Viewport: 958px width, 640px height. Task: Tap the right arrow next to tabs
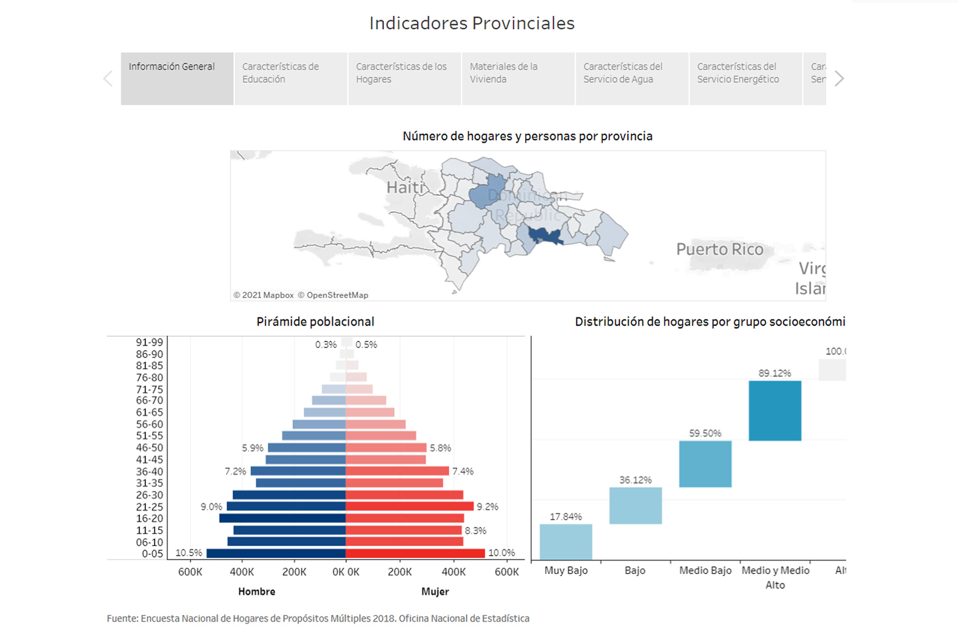(x=839, y=79)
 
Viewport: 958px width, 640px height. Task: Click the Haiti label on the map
(x=405, y=187)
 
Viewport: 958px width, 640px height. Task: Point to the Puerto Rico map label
(x=720, y=249)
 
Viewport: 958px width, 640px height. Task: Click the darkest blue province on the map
(x=543, y=235)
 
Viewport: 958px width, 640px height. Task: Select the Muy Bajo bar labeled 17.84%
(x=566, y=542)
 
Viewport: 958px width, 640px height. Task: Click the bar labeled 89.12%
(x=774, y=410)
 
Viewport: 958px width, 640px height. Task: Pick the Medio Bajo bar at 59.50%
(x=705, y=463)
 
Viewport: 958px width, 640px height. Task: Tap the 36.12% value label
(x=635, y=480)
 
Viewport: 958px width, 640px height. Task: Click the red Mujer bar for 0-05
(x=415, y=553)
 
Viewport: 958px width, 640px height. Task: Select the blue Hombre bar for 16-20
(x=283, y=518)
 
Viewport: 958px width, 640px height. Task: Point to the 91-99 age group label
(x=150, y=342)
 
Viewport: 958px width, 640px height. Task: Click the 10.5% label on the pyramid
(x=189, y=553)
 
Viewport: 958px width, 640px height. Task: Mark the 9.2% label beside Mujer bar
(x=488, y=506)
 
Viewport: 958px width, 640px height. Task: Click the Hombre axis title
(x=257, y=592)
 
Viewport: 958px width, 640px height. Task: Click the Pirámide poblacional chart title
(x=315, y=321)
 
